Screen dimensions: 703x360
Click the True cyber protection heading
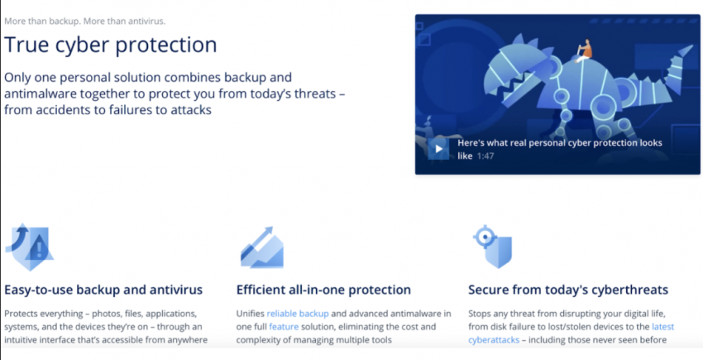(x=111, y=45)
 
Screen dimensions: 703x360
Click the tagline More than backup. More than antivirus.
(x=84, y=21)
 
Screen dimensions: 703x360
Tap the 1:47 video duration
(x=485, y=156)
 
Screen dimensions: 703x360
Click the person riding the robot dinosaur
(x=584, y=50)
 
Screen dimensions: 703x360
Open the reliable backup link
(x=298, y=314)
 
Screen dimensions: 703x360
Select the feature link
(x=284, y=327)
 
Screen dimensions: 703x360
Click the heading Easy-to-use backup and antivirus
(x=103, y=290)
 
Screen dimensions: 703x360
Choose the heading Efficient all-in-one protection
(x=323, y=290)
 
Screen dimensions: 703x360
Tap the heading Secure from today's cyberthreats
(x=568, y=290)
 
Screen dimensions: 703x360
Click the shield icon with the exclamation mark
(x=30, y=247)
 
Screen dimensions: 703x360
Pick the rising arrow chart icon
(x=262, y=247)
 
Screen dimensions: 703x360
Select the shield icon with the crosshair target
(x=492, y=247)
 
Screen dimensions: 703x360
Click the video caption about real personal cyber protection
(x=560, y=149)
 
